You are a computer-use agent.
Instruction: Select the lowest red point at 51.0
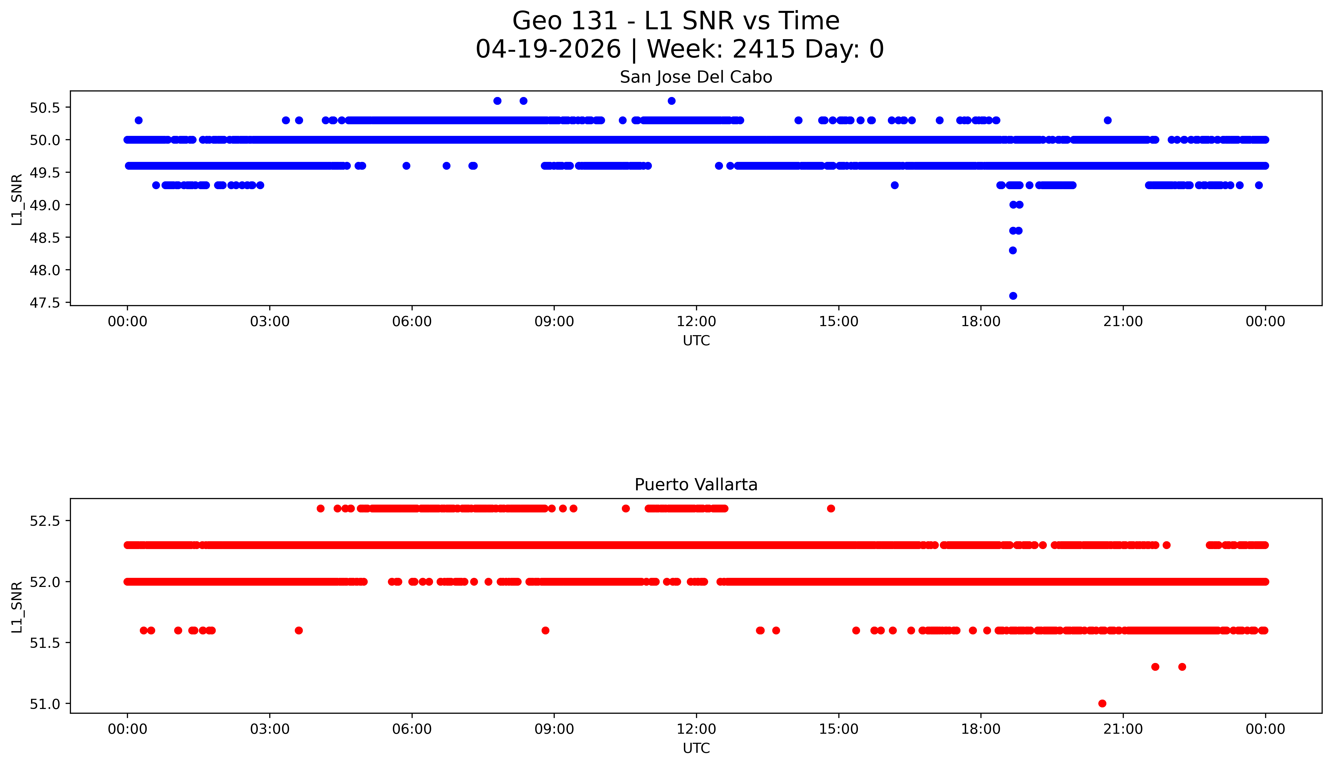(x=1102, y=703)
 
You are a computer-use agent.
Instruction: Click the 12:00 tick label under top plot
(x=696, y=322)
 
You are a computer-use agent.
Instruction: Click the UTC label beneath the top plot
(x=696, y=341)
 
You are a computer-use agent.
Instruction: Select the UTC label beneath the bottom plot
(x=696, y=748)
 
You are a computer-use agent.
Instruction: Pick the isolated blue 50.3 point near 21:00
(x=1108, y=120)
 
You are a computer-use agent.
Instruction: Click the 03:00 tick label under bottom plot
(x=270, y=729)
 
